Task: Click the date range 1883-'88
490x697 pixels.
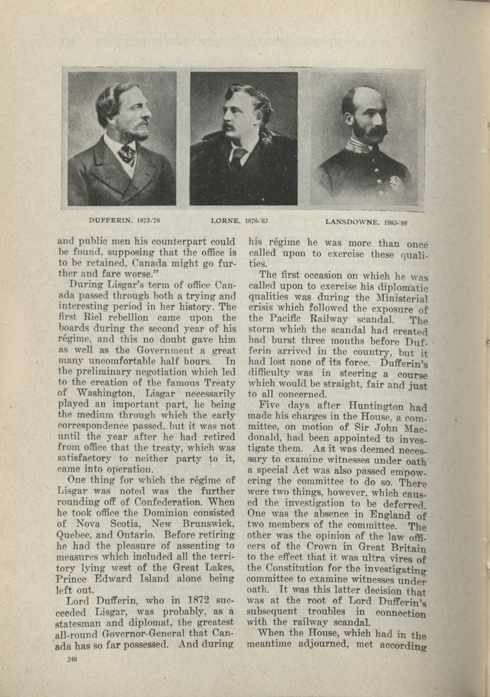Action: click(x=395, y=222)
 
